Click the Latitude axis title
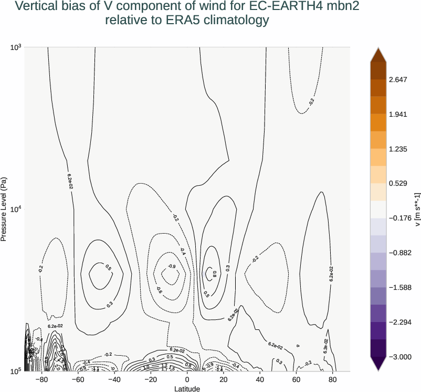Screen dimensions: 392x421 coord(187,388)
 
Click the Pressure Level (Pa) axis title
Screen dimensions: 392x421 coord(4,209)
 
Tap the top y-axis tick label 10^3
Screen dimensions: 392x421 coord(16,47)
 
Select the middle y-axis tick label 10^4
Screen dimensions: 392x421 coord(16,209)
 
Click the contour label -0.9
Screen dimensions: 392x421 coord(172,266)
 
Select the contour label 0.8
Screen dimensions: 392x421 coord(214,274)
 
